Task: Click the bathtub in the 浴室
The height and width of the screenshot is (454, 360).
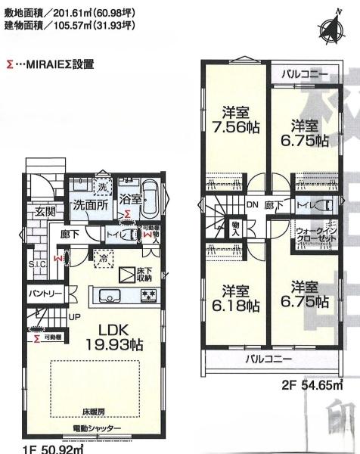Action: pos(149,197)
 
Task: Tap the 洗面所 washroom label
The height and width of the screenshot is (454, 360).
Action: pos(89,204)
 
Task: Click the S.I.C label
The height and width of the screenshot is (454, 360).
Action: pos(37,265)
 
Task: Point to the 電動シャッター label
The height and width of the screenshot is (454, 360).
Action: pos(97,429)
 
